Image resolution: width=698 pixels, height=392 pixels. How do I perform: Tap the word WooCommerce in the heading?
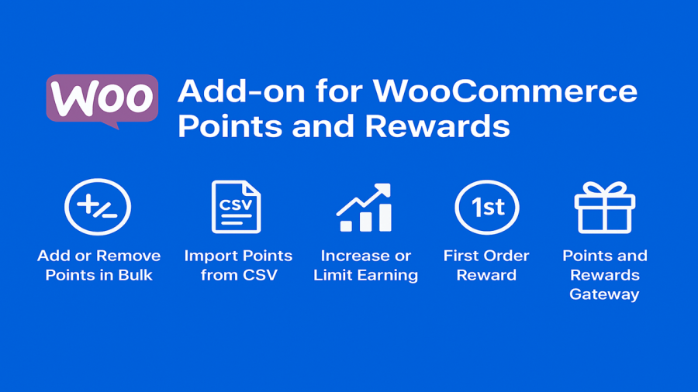click(505, 91)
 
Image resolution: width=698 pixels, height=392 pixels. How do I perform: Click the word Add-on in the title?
click(241, 91)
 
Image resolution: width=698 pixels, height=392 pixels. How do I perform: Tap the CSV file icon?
click(237, 207)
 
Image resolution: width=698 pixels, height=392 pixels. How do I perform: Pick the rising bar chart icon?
click(365, 208)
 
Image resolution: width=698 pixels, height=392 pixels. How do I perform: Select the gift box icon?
click(605, 208)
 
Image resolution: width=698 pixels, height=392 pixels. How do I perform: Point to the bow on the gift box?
click(605, 189)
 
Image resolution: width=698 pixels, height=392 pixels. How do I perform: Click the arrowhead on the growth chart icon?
click(383, 189)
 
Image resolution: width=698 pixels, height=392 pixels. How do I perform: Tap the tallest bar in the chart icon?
click(385, 218)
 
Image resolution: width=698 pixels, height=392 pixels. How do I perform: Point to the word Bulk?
click(135, 275)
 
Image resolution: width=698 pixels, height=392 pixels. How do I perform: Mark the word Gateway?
click(604, 294)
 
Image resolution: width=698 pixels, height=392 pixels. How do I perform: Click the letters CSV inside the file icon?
click(236, 205)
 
